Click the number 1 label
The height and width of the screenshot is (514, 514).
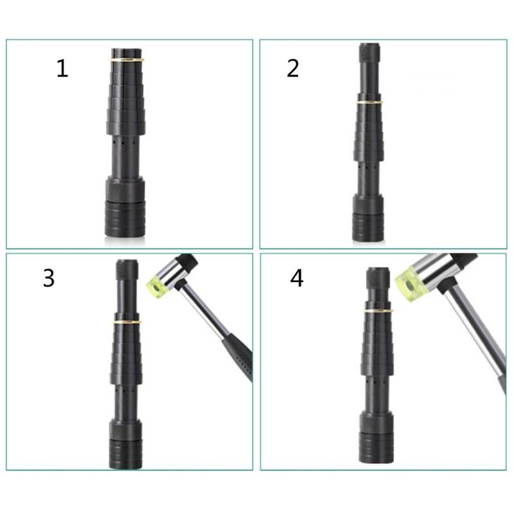(62, 68)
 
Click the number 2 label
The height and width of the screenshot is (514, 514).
(293, 68)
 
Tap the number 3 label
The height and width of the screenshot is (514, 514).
(49, 278)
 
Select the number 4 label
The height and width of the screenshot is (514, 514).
(296, 278)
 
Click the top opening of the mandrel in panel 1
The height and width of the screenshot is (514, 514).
(125, 51)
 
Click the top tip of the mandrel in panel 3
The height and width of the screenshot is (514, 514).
(127, 263)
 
